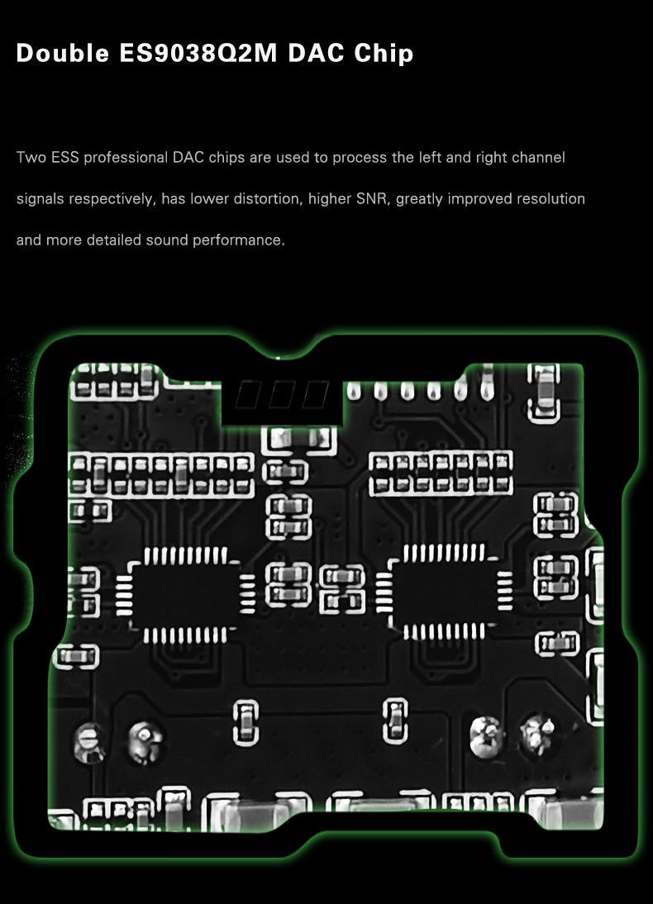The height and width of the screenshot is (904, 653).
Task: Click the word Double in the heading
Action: click(63, 55)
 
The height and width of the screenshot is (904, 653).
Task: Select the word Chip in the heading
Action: click(384, 55)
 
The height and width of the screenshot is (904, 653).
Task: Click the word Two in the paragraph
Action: click(31, 157)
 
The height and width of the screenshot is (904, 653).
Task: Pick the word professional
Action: click(126, 157)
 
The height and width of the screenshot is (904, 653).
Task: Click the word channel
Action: click(539, 157)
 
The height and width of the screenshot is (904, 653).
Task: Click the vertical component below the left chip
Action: click(246, 721)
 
